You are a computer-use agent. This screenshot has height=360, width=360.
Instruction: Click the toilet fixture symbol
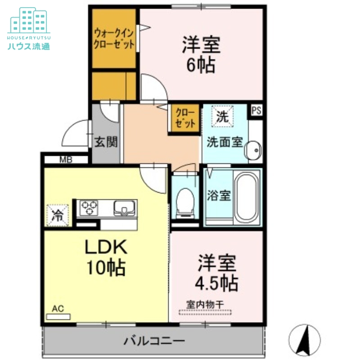point(185,201)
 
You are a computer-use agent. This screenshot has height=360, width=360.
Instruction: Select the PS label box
point(256,110)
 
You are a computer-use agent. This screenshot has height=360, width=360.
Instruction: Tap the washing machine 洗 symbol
point(223,116)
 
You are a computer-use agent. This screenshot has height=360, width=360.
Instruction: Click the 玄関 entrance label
point(106,142)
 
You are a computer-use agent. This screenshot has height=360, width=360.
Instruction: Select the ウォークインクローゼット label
point(114,39)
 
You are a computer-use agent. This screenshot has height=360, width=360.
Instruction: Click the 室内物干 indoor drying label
point(205,305)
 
